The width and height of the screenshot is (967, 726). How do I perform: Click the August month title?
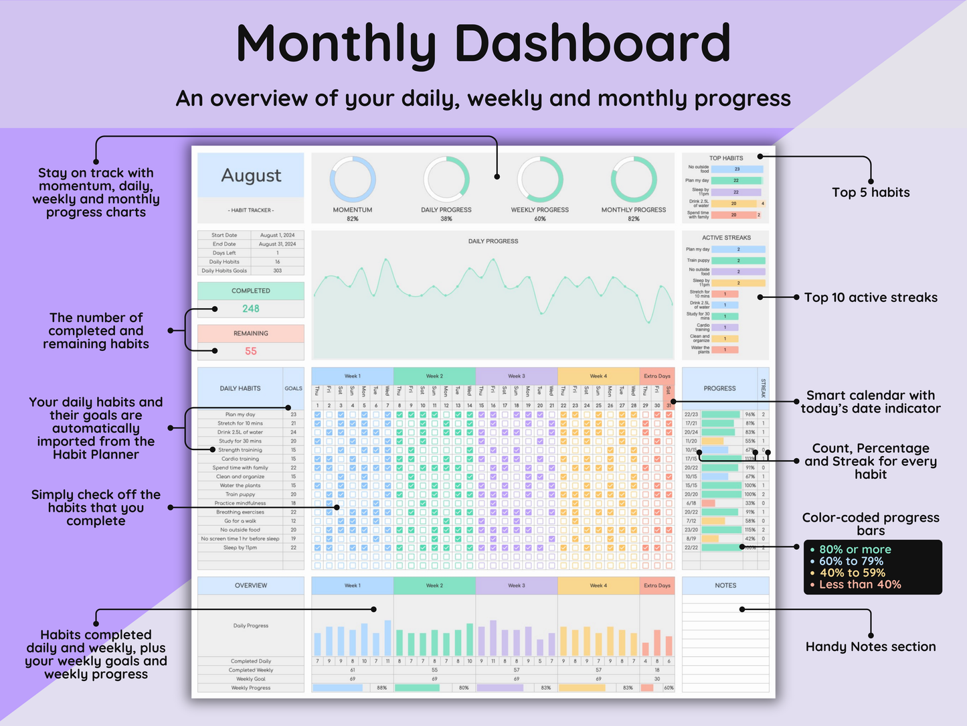tap(251, 175)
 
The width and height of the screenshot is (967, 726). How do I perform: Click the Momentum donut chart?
tap(353, 179)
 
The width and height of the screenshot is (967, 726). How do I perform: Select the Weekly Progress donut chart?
tap(540, 179)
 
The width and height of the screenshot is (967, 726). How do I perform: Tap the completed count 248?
tap(251, 309)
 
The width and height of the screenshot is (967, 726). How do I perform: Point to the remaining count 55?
tap(251, 351)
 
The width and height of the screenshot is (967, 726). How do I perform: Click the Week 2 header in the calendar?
tap(434, 376)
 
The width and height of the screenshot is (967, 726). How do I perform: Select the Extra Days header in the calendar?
tap(656, 376)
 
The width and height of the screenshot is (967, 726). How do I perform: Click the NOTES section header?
tap(725, 585)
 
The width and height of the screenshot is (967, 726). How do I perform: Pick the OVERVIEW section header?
tap(251, 585)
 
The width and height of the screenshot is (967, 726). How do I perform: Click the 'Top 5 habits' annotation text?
tap(871, 193)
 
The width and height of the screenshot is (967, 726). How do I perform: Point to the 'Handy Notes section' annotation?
tap(871, 647)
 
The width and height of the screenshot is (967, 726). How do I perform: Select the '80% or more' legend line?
tap(855, 550)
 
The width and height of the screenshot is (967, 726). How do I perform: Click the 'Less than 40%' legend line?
tap(860, 585)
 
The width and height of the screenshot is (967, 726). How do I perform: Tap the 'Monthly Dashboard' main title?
tap(483, 44)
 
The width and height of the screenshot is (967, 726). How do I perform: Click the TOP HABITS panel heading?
tap(726, 158)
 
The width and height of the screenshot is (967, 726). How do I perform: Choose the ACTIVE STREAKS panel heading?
tap(726, 238)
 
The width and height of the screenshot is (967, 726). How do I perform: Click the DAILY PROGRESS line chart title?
tap(493, 241)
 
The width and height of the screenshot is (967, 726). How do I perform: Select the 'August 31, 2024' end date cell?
tap(277, 244)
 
